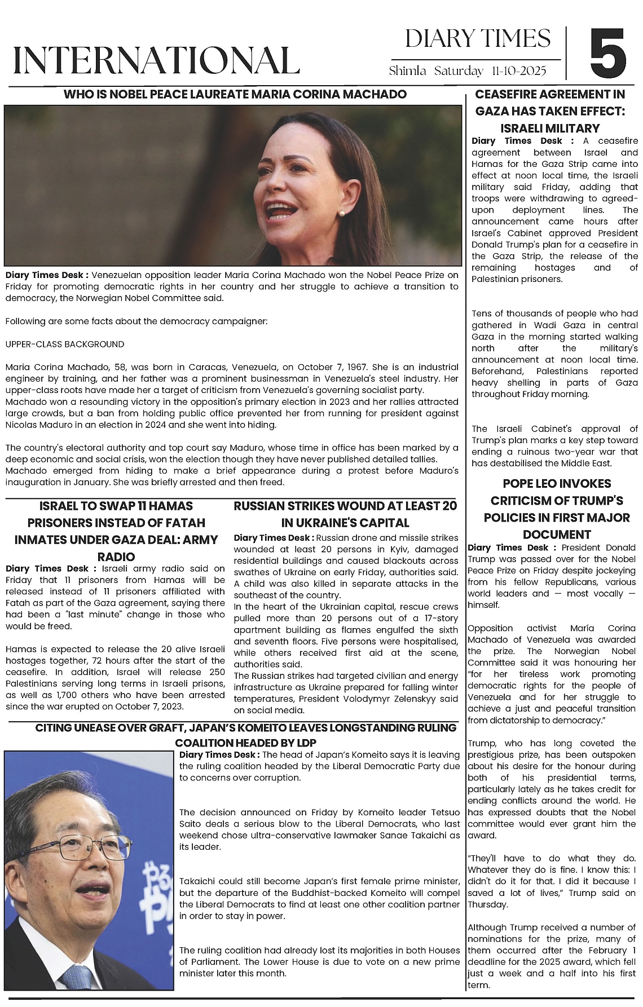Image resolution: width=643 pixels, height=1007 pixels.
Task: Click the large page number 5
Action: coord(608,54)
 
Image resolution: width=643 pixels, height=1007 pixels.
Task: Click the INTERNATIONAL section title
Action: coord(156,60)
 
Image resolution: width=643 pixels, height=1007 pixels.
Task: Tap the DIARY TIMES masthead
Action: coord(478,39)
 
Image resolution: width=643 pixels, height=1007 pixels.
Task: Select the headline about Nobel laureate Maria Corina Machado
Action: coord(235,94)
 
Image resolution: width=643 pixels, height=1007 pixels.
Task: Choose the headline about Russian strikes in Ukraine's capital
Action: coord(345,514)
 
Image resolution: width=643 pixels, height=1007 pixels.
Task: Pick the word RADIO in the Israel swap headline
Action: coord(116,556)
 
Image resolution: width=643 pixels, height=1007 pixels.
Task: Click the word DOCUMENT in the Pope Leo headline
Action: coord(556,535)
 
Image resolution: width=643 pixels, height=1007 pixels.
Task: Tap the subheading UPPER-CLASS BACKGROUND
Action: coord(65,344)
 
